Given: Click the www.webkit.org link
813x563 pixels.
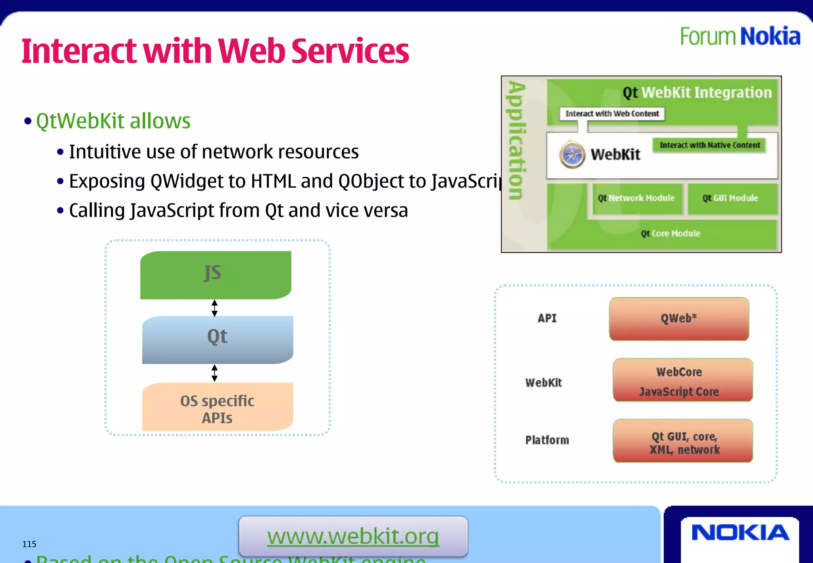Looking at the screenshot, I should pos(353,536).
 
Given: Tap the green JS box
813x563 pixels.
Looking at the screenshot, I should pos(216,275).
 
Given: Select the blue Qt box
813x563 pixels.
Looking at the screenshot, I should pos(218,339).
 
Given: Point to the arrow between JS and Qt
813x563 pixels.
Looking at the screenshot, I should pos(215,308).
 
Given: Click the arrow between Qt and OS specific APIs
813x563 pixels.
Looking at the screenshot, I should pos(215,373).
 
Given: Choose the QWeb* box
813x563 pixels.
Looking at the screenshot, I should pos(679,318).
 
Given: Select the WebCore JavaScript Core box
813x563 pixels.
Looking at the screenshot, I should pos(682,380).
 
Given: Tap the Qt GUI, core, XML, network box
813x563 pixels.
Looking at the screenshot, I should pos(682,441).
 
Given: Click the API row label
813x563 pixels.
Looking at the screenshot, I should pos(547,318).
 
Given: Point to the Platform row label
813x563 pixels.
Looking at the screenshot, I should pos(547,440).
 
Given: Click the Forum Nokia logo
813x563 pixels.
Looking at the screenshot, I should pos(740,37).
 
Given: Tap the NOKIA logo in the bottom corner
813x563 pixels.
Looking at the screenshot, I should pos(740,533).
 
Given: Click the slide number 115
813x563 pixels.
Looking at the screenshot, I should pos(29,544).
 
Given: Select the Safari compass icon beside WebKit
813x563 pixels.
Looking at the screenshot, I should pos(572,155).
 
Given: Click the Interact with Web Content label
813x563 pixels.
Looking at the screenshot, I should pos(612,114).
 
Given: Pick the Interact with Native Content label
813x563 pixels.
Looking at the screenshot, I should pos(710,145).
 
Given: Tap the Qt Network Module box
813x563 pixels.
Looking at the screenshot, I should pos(636,198).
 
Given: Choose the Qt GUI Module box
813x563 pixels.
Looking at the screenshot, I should pos(730,198).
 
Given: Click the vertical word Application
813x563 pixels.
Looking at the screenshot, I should pos(518,141).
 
